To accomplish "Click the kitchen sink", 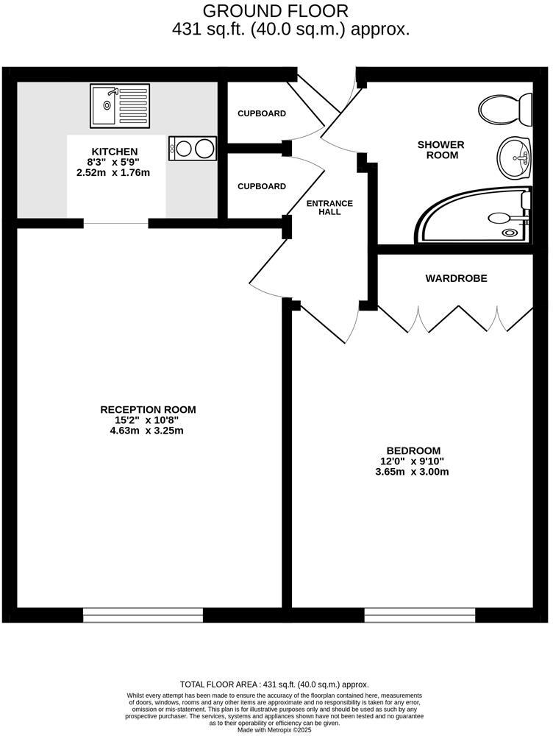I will tap(120, 105).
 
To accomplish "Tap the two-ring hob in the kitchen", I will tap(193, 148).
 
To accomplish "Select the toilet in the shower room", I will tap(507, 109).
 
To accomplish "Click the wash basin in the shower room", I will tap(513, 158).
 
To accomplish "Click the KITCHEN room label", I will tap(114, 152).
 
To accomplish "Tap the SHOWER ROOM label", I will tap(440, 150).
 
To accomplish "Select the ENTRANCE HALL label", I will tap(329, 208).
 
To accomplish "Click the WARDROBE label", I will tap(456, 278).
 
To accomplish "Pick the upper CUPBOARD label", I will tap(261, 114).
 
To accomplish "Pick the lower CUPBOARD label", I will tap(261, 186).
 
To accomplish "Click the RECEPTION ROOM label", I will tap(148, 410).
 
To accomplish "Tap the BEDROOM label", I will tap(413, 450).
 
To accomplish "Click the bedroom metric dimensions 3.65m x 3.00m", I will tap(413, 471).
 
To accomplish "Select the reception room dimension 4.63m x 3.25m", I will tap(148, 431).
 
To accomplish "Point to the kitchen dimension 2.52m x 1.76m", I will tap(113, 172).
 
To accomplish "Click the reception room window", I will tap(143, 615).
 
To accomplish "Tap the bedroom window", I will tap(420, 615).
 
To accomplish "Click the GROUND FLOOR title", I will tap(276, 11).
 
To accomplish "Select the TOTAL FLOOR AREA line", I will tap(274, 684).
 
